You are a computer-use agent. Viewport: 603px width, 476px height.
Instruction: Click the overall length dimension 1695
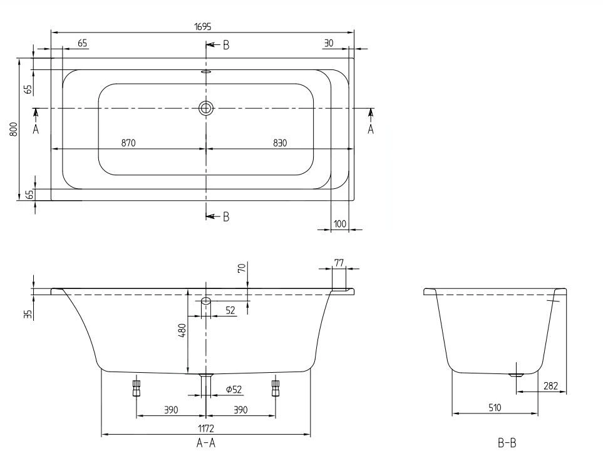[x=203, y=26]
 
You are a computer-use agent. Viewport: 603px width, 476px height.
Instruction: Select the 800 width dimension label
[x=13, y=129]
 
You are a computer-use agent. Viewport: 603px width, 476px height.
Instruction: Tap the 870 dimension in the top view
[x=128, y=143]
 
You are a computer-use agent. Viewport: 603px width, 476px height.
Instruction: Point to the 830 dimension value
[x=279, y=143]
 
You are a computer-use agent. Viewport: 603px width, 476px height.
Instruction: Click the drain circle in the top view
[x=206, y=108]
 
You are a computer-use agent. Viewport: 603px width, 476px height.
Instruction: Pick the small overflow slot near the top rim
[x=206, y=71]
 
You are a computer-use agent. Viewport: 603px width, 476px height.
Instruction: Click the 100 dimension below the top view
[x=339, y=224]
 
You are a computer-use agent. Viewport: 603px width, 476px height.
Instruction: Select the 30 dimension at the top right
[x=329, y=43]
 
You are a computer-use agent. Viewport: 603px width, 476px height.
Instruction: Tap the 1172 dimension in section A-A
[x=206, y=428]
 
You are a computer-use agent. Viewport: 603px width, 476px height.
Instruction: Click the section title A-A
[x=206, y=443]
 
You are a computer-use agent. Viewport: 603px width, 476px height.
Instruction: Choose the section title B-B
[x=507, y=443]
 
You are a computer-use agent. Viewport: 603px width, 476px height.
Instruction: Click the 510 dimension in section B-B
[x=494, y=408]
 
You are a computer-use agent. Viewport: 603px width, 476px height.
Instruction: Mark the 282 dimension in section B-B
[x=550, y=387]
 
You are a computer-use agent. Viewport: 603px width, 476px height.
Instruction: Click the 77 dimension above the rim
[x=339, y=263]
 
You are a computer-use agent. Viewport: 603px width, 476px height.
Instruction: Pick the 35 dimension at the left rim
[x=28, y=313]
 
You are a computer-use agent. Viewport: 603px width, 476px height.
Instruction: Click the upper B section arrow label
[x=225, y=44]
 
